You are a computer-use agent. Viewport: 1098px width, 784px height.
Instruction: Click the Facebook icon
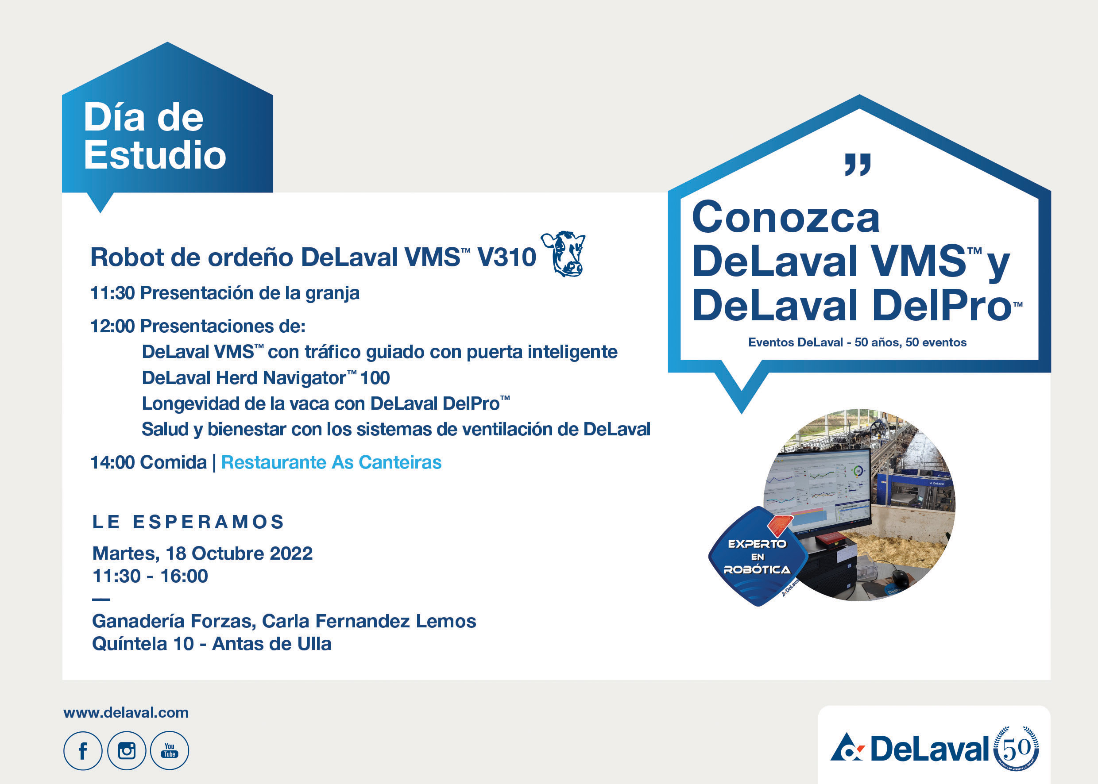[83, 750]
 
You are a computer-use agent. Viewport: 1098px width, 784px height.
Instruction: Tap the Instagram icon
[127, 750]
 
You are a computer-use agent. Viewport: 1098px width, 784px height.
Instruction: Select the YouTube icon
[170, 750]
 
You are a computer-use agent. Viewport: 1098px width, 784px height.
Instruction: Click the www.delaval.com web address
[126, 713]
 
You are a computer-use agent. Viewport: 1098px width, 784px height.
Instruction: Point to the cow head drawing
[563, 254]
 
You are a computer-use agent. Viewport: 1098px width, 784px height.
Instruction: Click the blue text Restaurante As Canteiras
[331, 462]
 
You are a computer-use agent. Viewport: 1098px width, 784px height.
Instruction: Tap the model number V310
[507, 257]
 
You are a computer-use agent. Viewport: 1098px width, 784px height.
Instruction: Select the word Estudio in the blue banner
[155, 155]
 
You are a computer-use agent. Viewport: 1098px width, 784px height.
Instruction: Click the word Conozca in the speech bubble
[785, 218]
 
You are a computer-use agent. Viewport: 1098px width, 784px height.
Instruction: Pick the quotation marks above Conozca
[858, 165]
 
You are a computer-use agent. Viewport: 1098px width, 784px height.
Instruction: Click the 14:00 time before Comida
[112, 462]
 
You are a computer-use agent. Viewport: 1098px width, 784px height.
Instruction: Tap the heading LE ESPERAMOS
[189, 522]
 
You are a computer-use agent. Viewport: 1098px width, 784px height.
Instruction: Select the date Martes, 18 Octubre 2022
[202, 553]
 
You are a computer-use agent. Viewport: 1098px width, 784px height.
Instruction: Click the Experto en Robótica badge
[758, 557]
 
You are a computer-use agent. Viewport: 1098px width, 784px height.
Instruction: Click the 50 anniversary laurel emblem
[1016, 748]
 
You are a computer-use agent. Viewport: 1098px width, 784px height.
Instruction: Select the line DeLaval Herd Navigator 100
[266, 377]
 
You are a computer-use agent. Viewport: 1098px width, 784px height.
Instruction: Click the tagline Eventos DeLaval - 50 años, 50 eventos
[858, 342]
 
